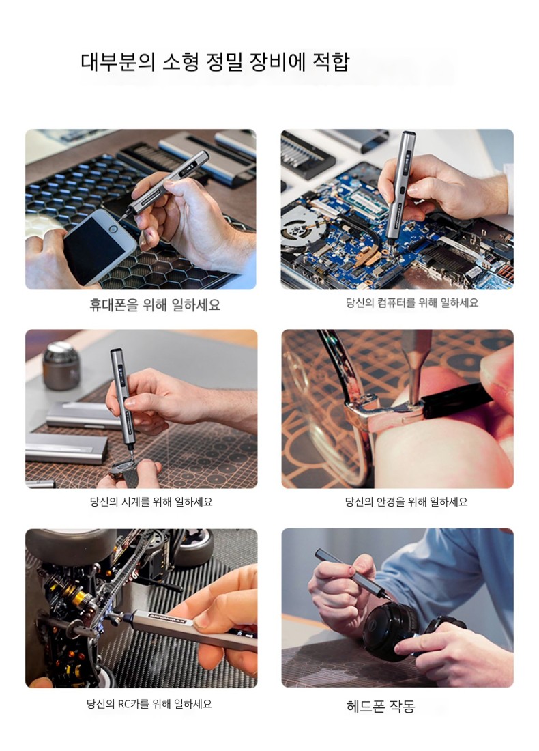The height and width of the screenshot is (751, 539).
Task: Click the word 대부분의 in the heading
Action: click(x=118, y=61)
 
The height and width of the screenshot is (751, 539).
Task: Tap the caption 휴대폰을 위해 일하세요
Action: click(x=155, y=304)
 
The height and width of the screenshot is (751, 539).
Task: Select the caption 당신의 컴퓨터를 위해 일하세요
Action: click(x=411, y=302)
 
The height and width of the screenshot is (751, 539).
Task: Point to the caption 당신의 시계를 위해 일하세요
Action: click(x=151, y=502)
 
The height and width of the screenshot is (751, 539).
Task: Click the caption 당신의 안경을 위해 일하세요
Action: click(x=406, y=502)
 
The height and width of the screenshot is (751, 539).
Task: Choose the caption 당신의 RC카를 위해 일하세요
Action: click(x=149, y=704)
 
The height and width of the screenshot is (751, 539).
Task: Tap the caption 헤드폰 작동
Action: click(x=381, y=706)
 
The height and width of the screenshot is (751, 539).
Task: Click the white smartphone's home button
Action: click(x=113, y=229)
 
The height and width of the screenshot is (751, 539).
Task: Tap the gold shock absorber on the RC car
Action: click(x=76, y=593)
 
